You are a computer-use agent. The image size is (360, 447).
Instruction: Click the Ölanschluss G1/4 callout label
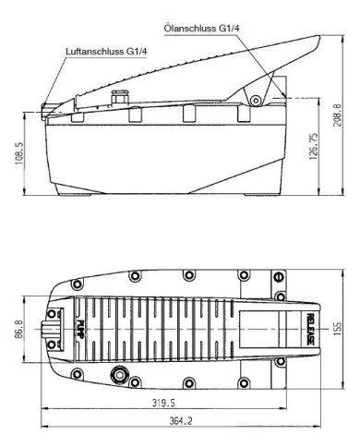[201, 29]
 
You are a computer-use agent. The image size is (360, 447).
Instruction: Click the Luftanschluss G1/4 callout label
[106, 51]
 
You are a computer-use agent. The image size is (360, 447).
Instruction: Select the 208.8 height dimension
[338, 115]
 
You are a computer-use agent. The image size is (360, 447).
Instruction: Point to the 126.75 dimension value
[313, 146]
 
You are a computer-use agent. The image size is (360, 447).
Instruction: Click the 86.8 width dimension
[18, 329]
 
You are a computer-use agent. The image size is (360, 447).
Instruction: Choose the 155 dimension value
[337, 329]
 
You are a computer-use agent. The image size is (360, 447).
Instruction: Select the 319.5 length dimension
[163, 403]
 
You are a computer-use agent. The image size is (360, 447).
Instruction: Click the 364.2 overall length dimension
[181, 421]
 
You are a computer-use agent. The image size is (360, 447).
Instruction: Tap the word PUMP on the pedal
[80, 330]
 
